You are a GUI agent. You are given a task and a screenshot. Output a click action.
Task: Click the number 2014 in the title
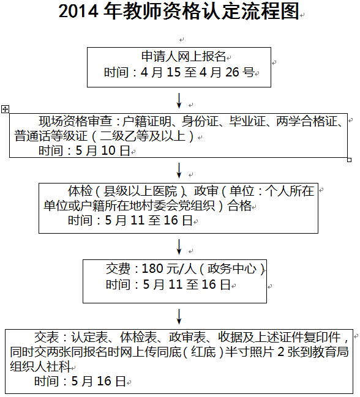point(78,11)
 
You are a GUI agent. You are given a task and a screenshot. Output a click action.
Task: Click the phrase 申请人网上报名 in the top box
point(183,56)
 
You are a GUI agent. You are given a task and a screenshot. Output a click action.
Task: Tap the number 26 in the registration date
point(232,72)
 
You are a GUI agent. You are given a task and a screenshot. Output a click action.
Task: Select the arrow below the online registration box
point(179,100)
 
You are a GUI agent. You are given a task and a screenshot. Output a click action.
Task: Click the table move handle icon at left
point(5,109)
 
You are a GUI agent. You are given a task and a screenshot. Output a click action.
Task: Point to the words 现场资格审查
point(75,121)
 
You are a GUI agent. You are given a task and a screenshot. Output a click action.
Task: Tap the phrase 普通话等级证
point(50,136)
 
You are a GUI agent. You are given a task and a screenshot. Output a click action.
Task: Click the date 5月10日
point(103,150)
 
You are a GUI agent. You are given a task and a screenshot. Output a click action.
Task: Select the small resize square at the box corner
point(349,160)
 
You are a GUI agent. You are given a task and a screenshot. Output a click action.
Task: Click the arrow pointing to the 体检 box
point(179,171)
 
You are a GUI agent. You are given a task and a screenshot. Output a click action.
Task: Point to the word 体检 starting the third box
point(80,191)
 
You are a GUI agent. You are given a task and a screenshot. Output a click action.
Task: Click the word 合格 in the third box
point(239,206)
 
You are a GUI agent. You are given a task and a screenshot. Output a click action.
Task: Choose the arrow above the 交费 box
point(179,247)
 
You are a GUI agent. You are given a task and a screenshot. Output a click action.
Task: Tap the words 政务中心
point(231,269)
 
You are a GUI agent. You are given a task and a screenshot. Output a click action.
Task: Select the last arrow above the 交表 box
point(179,316)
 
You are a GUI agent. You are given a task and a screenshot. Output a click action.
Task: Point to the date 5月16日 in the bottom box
point(99,381)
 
